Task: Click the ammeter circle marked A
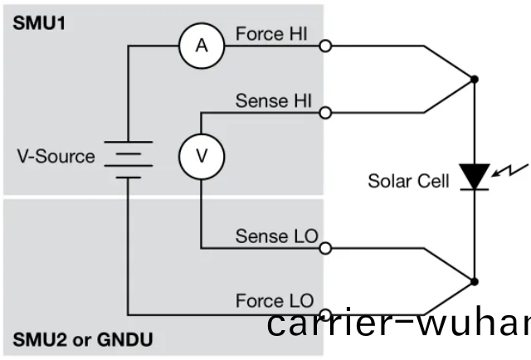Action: [x=202, y=46]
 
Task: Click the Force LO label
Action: [x=274, y=299]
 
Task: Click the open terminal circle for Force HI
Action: [x=325, y=46]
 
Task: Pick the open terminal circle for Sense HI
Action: [x=325, y=112]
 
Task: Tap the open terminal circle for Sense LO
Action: [x=325, y=247]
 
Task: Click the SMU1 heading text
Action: [x=38, y=21]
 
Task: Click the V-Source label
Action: [x=56, y=156]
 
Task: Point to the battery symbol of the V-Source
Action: [x=129, y=158]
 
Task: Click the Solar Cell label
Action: [x=408, y=180]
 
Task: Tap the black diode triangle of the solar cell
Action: [x=474, y=176]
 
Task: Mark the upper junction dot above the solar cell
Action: [x=474, y=80]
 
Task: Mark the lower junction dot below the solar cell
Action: [x=474, y=280]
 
